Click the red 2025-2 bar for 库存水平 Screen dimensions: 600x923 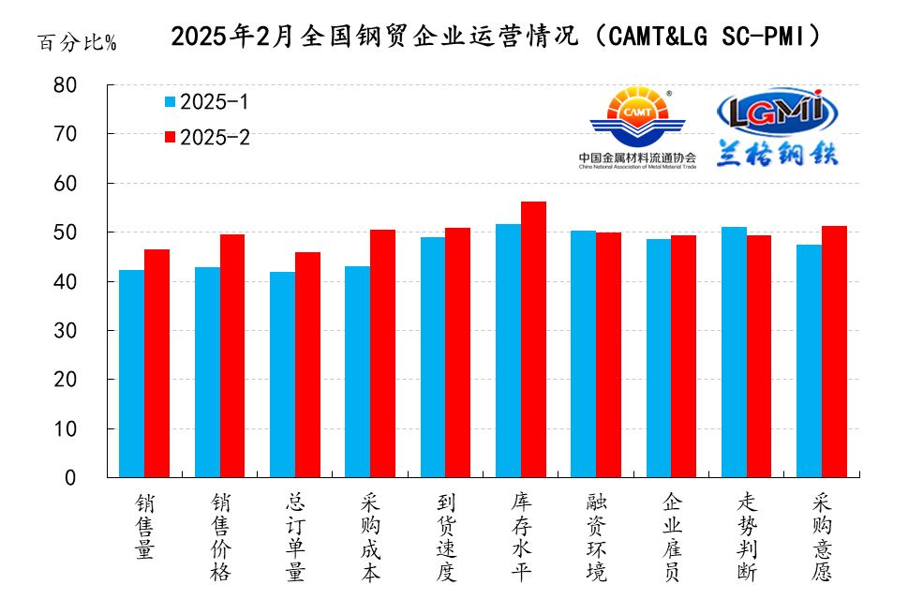pyautogui.click(x=533, y=339)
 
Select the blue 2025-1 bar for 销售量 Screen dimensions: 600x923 pyautogui.click(x=131, y=373)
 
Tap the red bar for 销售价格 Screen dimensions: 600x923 pyautogui.click(x=231, y=355)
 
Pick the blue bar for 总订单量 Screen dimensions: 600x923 pyautogui.click(x=282, y=374)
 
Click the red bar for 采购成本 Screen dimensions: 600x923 pyautogui.click(x=382, y=353)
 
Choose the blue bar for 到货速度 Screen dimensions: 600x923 pyautogui.click(x=433, y=357)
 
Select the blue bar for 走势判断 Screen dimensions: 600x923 pyautogui.click(x=734, y=352)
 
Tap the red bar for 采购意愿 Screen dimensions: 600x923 pyautogui.click(x=834, y=352)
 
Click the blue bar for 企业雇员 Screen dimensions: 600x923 pyautogui.click(x=659, y=358)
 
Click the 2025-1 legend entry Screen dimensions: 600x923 pyautogui.click(x=206, y=101)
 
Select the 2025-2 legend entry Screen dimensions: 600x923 pyautogui.click(x=206, y=137)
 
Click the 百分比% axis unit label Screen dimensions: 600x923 pyautogui.click(x=77, y=43)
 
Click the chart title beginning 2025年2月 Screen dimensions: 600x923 pyautogui.click(x=498, y=37)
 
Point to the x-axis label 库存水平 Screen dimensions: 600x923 pyautogui.click(x=521, y=536)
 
